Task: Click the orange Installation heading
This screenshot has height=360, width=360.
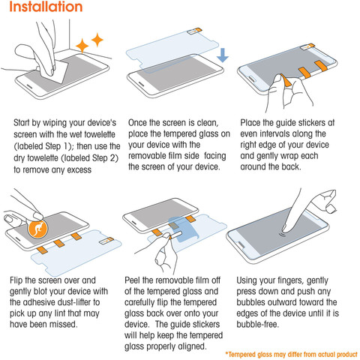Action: pyautogui.click(x=46, y=7)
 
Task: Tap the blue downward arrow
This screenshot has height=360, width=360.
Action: pyautogui.click(x=223, y=55)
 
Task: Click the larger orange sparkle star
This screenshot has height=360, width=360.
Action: pyautogui.click(x=82, y=46)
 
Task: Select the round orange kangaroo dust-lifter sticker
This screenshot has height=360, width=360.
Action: pyautogui.click(x=37, y=229)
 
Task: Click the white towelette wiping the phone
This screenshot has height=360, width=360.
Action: pyautogui.click(x=55, y=72)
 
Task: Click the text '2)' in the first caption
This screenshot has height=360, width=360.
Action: pyautogui.click(x=114, y=158)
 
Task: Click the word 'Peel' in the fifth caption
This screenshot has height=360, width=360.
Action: pyautogui.click(x=132, y=280)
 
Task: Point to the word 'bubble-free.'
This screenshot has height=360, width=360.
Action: pyautogui.click(x=257, y=324)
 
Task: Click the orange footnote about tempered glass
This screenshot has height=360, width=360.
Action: pyautogui.click(x=292, y=354)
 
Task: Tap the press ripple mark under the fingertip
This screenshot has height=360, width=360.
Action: pyautogui.click(x=283, y=235)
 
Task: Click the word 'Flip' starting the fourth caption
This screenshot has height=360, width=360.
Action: pyautogui.click(x=16, y=280)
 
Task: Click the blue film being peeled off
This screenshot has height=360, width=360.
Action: pyautogui.click(x=184, y=229)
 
